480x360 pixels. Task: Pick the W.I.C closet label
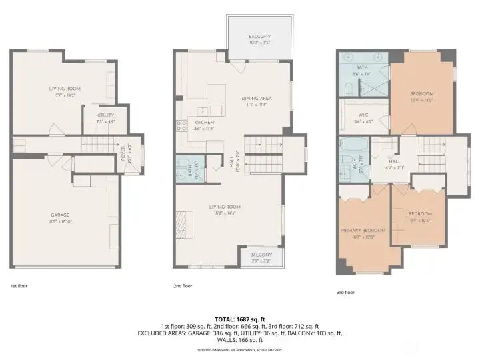[x=363, y=115]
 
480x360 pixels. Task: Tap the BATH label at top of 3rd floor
[x=362, y=69]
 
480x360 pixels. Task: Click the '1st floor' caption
[x=19, y=286]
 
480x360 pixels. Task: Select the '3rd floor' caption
[x=345, y=292]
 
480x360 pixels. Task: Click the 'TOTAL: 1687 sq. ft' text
[x=239, y=319]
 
